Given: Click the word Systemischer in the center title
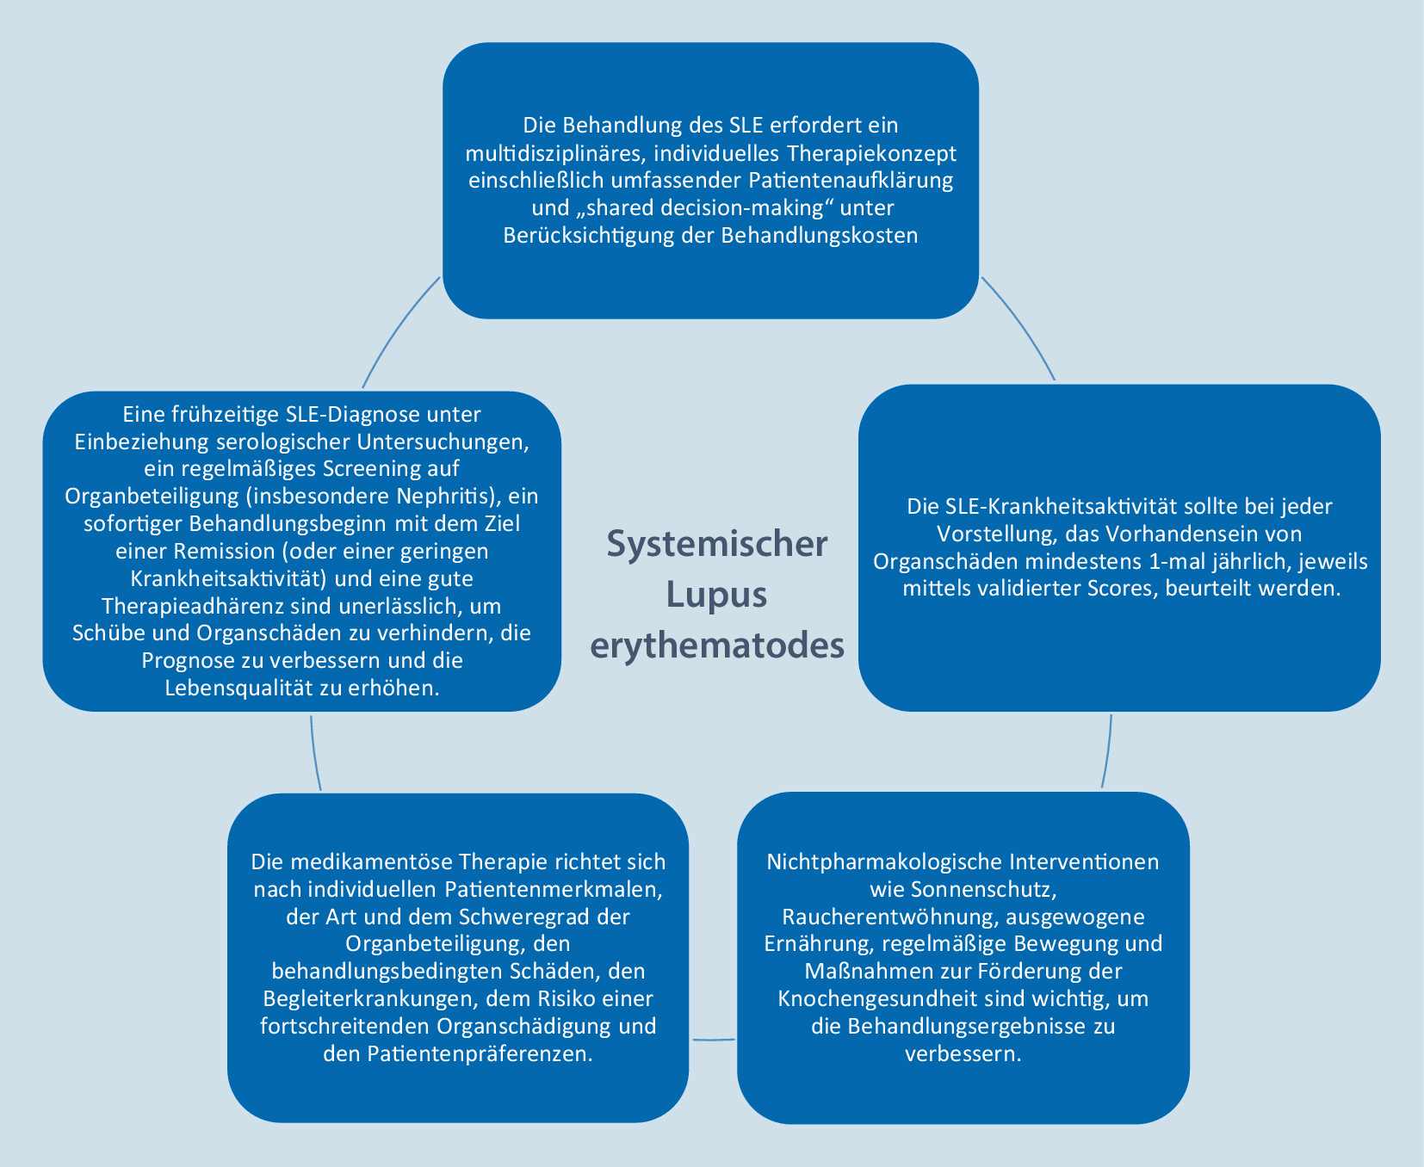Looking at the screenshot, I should click(717, 545).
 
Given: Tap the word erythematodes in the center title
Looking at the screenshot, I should click(717, 645).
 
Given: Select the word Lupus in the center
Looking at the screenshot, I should click(717, 595).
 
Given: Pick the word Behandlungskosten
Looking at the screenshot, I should click(820, 236).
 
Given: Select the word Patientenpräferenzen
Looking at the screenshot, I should click(480, 1054).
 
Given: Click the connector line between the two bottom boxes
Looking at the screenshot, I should click(714, 1040).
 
